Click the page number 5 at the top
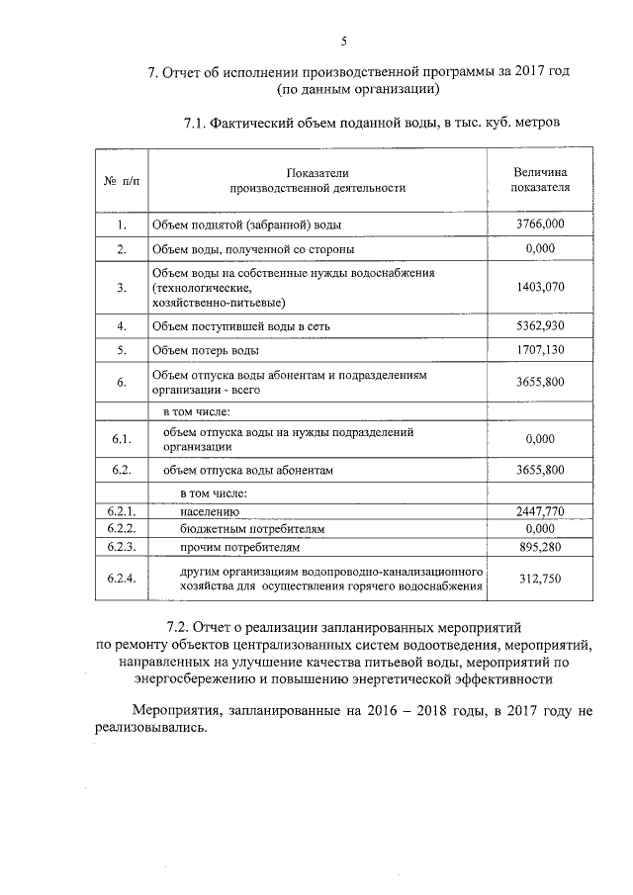(343, 41)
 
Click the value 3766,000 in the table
(540, 224)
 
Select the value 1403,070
(540, 287)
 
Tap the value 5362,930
(540, 324)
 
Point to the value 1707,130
(540, 350)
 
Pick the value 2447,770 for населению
(540, 511)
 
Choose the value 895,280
(540, 546)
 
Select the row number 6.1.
(121, 438)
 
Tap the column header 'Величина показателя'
(540, 179)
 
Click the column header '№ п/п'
(121, 180)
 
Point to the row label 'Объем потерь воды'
(205, 351)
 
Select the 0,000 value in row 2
(540, 249)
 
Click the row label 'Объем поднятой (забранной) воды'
(246, 225)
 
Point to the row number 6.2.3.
(121, 546)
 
